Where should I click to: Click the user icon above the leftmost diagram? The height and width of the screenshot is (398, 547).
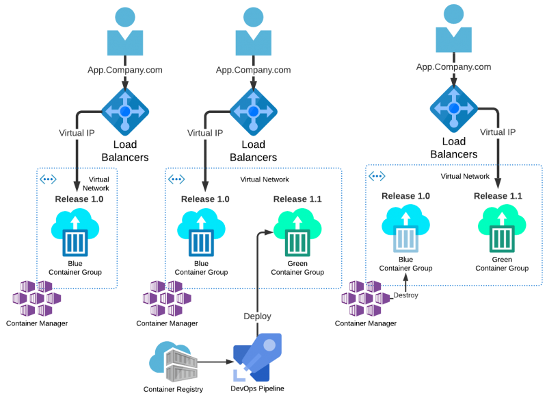tap(125, 33)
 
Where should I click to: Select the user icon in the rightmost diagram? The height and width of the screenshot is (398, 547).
tap(453, 30)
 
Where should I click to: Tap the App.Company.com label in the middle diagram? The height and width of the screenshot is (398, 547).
tap(253, 70)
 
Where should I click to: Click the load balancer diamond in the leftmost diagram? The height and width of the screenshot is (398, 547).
tap(125, 111)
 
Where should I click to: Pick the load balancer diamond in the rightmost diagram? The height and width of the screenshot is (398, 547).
tap(453, 108)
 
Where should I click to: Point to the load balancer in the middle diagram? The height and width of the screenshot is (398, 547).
tap(253, 111)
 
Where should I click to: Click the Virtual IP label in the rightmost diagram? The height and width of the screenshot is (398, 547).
tap(497, 132)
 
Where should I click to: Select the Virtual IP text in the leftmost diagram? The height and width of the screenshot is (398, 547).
tap(76, 133)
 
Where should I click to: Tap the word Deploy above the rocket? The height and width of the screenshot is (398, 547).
tap(258, 316)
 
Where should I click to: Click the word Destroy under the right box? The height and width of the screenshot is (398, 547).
tap(405, 295)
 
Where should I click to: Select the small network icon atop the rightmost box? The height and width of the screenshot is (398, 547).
tap(377, 176)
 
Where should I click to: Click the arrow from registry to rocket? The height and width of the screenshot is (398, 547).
tap(215, 362)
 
